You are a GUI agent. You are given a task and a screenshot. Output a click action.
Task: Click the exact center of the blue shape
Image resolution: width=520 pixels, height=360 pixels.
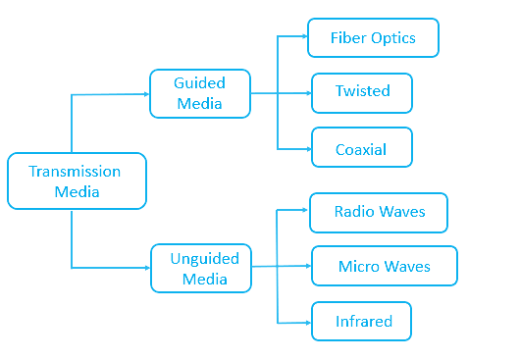click(233, 180)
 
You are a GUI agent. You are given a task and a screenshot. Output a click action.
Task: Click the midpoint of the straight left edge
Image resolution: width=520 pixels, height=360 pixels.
click(8, 200)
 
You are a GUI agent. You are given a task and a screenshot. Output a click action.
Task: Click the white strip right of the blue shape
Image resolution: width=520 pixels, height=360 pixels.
click(489, 180)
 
